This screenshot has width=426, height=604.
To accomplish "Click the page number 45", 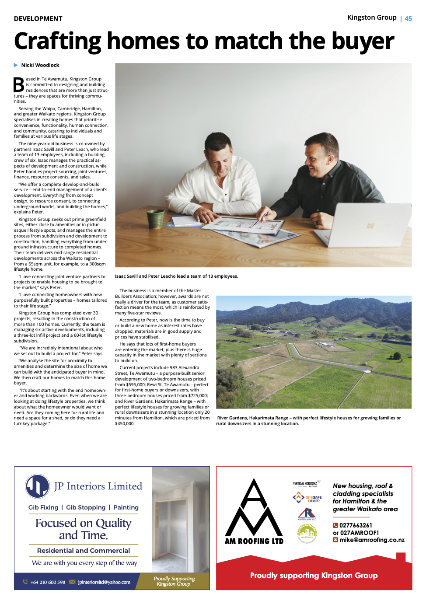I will coord(408,19).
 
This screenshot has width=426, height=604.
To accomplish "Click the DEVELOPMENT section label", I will coord(38,19).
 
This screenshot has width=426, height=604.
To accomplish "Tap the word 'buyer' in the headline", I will coord(363,42).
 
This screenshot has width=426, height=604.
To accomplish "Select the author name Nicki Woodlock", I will coord(40,65).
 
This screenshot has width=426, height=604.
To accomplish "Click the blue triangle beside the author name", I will coord(16,65).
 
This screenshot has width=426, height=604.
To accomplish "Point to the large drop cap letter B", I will coord(19,85).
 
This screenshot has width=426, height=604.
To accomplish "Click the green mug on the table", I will coord(155,219).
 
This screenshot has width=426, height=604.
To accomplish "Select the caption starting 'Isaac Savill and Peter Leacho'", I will coord(176,276).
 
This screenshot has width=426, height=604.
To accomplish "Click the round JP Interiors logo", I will coord(38,486).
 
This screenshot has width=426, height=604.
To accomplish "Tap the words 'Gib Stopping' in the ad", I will coord(86,507).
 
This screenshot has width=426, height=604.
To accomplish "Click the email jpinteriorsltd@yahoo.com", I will coord(104,582).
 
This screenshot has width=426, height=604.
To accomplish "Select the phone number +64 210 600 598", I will coord(48,582).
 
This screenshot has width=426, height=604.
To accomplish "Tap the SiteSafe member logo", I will coord(307,498).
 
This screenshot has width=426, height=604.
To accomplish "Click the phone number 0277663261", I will coord(356,525).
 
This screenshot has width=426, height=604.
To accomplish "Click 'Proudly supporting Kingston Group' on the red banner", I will coord(314,576).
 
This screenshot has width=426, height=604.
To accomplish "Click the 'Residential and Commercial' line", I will coord(84,551).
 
